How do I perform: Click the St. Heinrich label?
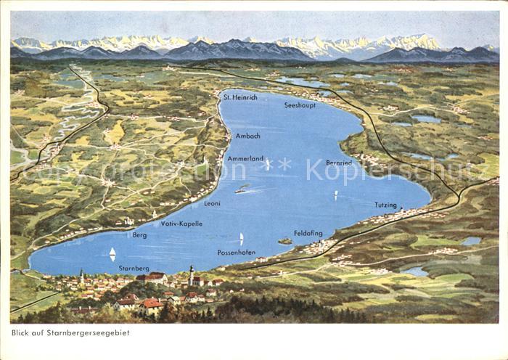pos(239,97)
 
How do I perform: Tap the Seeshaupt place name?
pos(300,105)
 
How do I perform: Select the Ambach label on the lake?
pos(247,135)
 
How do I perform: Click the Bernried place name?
pos(339,163)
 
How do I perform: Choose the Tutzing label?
pos(385,205)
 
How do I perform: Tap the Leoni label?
pos(212,204)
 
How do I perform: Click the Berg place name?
pos(140,235)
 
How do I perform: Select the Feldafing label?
pos(308,234)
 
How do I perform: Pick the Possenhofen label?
pos(236,253)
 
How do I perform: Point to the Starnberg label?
pos(134,269)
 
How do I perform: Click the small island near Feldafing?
pos(285,241)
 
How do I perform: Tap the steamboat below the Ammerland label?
pos(242,189)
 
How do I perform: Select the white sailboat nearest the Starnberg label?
pos(112,254)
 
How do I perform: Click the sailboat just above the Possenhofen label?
pos(241,238)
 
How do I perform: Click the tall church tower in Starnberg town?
pos(191,275)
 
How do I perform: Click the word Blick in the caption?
pos(21,333)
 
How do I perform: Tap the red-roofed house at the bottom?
pos(151,306)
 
